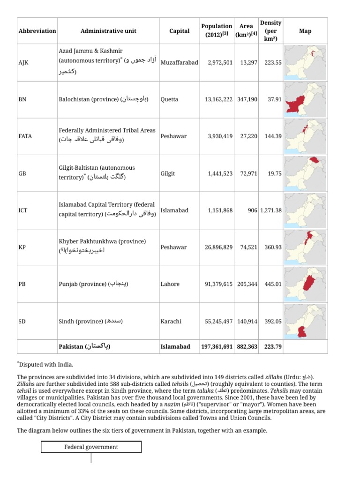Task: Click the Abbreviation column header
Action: tap(37, 31)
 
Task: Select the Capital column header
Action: tap(179, 31)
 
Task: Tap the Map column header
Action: tap(305, 31)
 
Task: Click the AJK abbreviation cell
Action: tap(23, 62)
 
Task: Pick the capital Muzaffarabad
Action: tap(179, 62)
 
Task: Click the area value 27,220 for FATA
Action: tap(248, 136)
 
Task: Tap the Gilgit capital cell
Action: tap(167, 173)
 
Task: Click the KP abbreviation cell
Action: tap(22, 247)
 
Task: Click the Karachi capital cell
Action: tap(171, 322)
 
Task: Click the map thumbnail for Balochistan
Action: tap(305, 99)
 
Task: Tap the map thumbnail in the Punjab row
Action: tap(305, 284)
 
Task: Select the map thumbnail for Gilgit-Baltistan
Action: tap(305, 173)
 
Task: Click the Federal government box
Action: tap(91, 447)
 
